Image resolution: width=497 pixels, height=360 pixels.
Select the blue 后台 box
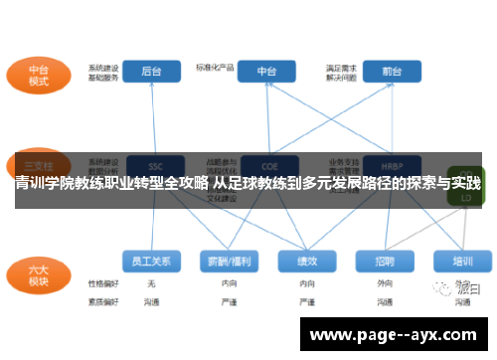pyautogui.click(x=150, y=72)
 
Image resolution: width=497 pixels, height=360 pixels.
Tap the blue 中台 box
pyautogui.click(x=267, y=72)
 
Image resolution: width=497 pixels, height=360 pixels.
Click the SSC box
pyautogui.click(x=155, y=166)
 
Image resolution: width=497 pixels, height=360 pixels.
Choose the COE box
pyautogui.click(x=267, y=166)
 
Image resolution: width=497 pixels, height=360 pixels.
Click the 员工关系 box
pyautogui.click(x=151, y=261)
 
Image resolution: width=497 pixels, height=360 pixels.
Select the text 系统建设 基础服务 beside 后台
pyautogui.click(x=103, y=73)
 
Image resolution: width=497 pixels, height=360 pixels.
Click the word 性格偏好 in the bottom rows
pyautogui.click(x=102, y=283)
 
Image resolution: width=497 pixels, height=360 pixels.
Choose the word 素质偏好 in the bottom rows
pyautogui.click(x=102, y=299)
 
